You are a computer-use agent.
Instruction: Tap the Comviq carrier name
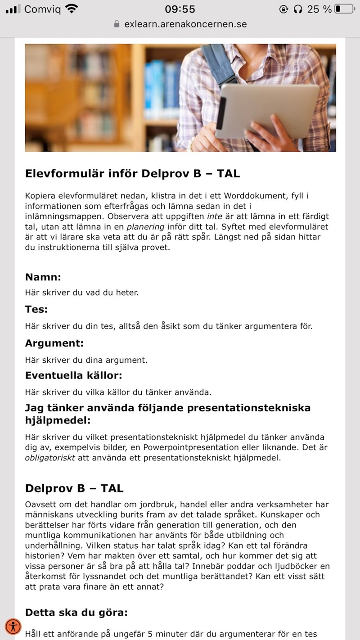click(x=42, y=9)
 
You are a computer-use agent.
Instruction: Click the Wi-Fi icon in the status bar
click(x=71, y=9)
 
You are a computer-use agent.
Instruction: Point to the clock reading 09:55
click(x=180, y=9)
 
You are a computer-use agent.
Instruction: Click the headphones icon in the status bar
click(x=297, y=9)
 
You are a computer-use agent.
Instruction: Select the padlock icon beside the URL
click(x=117, y=24)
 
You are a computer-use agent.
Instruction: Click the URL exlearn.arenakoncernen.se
click(x=185, y=24)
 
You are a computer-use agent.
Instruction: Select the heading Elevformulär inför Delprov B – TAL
click(x=132, y=173)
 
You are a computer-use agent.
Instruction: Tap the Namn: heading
click(x=43, y=276)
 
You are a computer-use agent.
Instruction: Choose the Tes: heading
click(x=36, y=310)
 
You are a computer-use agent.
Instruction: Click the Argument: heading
click(x=54, y=343)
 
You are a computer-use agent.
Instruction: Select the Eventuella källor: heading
click(x=74, y=375)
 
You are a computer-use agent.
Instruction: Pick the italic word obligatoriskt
click(x=50, y=458)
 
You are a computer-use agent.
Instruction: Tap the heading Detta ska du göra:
click(x=76, y=612)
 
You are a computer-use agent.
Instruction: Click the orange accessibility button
click(x=14, y=626)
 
